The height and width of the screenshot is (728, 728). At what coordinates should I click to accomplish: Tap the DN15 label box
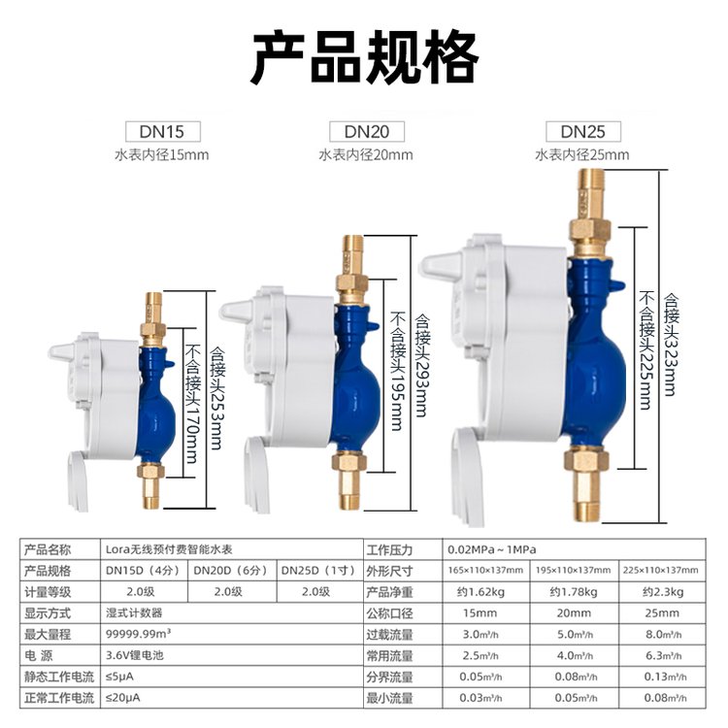(x=162, y=131)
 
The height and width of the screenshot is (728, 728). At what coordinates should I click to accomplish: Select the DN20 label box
(x=366, y=131)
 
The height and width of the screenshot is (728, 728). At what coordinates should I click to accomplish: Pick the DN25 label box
(x=582, y=131)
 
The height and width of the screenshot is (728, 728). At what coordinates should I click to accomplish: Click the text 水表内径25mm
(x=582, y=154)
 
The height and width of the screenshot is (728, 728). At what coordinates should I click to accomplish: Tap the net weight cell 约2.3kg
(x=665, y=592)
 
